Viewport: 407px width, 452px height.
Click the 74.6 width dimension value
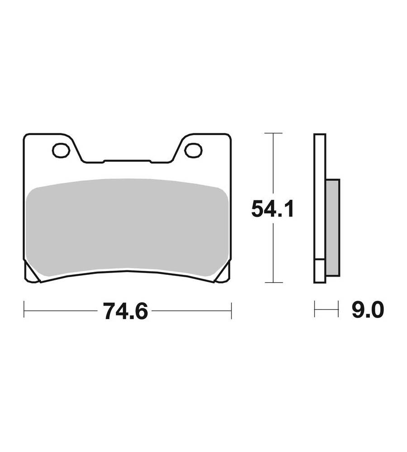click(126, 311)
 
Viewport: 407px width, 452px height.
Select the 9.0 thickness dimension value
click(368, 310)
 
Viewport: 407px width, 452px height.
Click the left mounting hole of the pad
click(61, 151)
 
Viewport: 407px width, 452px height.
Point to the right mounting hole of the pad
click(193, 150)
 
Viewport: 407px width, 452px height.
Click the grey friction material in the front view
click(127, 228)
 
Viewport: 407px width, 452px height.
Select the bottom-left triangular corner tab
click(31, 273)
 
